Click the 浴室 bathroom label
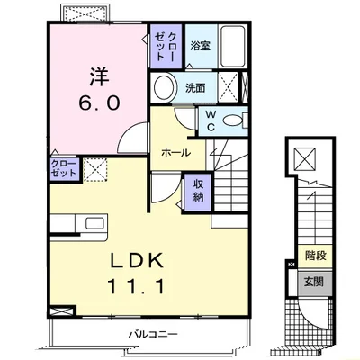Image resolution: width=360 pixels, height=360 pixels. [201, 46]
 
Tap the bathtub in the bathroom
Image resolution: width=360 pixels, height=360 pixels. [233, 47]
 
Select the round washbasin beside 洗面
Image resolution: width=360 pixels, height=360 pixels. [164, 87]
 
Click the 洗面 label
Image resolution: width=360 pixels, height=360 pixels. [195, 88]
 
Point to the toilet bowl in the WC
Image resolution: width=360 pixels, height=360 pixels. [234, 121]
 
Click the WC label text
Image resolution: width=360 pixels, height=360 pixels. [211, 121]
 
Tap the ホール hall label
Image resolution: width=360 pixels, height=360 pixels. [175, 153]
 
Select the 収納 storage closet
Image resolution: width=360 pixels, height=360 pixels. [198, 193]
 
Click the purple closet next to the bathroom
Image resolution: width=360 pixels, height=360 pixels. [166, 46]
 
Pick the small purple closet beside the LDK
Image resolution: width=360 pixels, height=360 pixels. [64, 169]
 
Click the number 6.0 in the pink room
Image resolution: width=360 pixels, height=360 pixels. [99, 103]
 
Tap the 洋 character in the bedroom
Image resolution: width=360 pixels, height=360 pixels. [99, 76]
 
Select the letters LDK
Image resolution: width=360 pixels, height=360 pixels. [137, 260]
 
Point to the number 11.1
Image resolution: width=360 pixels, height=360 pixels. [136, 286]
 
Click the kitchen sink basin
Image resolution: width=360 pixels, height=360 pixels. [94, 223]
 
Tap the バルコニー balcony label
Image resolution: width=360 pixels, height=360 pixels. [153, 334]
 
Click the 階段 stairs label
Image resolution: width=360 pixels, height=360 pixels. [315, 256]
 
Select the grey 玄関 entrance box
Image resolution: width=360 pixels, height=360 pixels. [315, 283]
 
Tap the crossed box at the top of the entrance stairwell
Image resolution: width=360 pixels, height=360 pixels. [304, 158]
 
